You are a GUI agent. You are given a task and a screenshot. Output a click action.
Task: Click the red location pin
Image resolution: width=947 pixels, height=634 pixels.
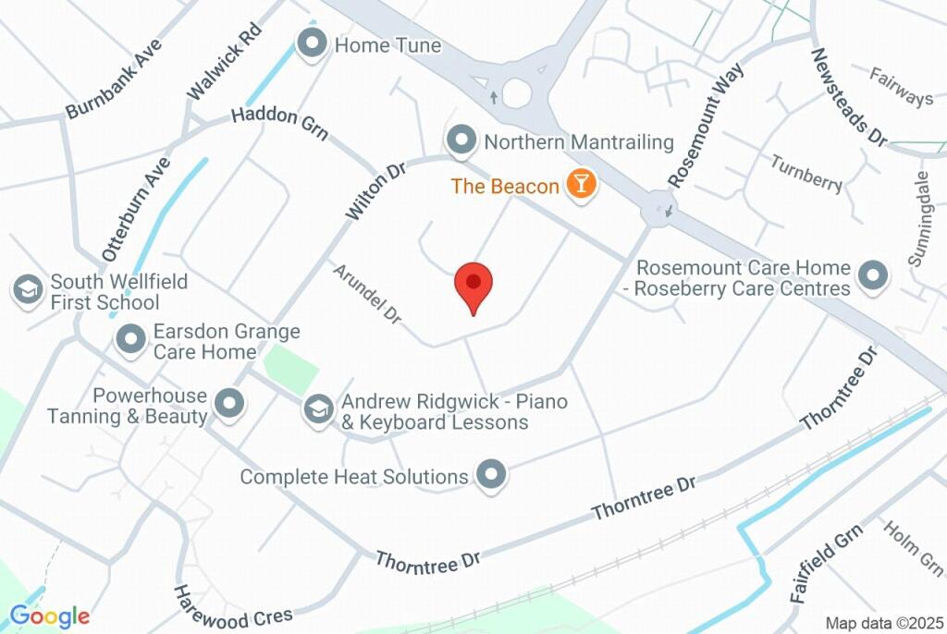473,285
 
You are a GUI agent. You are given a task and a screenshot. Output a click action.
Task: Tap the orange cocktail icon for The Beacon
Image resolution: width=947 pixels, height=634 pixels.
581,184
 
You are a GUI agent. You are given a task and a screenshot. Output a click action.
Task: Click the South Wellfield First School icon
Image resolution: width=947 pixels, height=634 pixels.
28,290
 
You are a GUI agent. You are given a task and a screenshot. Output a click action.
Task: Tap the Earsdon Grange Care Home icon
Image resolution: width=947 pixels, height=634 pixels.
130,339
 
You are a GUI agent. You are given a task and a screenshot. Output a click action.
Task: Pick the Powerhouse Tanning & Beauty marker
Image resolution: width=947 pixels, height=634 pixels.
228,403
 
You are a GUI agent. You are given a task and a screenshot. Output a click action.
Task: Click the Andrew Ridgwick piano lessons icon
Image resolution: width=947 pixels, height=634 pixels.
319,410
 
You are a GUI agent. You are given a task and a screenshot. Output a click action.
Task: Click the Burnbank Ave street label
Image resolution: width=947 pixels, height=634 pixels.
114,79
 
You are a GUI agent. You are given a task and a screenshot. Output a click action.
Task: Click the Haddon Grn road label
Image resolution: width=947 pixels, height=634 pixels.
279,122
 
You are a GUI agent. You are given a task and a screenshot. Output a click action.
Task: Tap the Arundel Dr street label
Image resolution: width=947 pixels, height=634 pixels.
368,294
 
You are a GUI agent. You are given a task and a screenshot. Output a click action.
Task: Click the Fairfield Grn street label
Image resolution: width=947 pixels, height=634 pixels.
826,563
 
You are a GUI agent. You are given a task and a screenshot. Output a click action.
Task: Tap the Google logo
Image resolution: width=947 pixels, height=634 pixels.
49,616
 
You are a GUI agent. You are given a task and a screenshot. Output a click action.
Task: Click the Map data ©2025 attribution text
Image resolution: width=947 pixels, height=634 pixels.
882,623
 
